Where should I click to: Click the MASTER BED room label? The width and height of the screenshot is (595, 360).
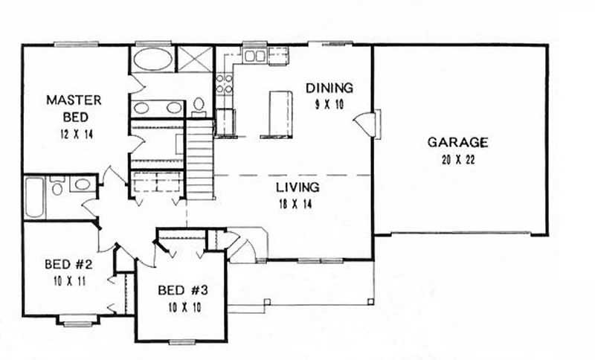pyautogui.click(x=74, y=108)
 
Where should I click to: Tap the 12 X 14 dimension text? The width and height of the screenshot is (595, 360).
pyautogui.click(x=74, y=135)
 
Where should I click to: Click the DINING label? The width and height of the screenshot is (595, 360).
pyautogui.click(x=329, y=88)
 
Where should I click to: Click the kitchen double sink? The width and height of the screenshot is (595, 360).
pyautogui.click(x=256, y=55)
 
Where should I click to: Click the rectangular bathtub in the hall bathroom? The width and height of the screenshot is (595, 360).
pyautogui.click(x=34, y=197)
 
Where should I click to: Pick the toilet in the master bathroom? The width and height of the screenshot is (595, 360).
pyautogui.click(x=199, y=108)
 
